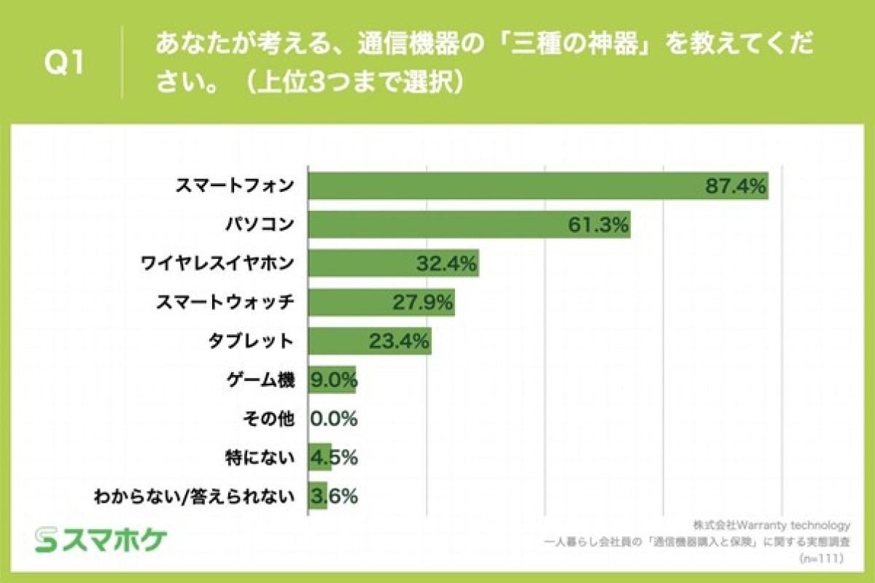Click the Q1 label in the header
(x=63, y=63)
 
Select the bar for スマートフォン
(x=538, y=185)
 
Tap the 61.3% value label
(x=598, y=225)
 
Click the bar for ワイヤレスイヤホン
(x=394, y=263)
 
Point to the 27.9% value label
(x=423, y=302)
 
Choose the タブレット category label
(x=251, y=341)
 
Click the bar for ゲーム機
(x=332, y=379)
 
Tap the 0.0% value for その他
(x=334, y=419)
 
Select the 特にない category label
(x=260, y=457)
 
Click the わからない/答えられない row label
(x=194, y=497)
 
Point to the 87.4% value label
(x=736, y=186)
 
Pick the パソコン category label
(x=260, y=225)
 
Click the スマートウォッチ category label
(x=225, y=302)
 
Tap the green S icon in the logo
(x=46, y=540)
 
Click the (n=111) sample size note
(x=821, y=558)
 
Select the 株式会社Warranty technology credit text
(x=771, y=525)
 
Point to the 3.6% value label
(x=334, y=497)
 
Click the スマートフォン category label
(x=234, y=185)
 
